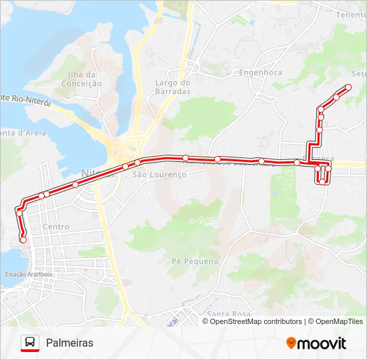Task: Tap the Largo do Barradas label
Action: (173, 87)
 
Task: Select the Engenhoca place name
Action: (260, 72)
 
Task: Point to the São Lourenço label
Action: (159, 174)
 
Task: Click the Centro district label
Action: (55, 227)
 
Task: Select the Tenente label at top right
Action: (351, 15)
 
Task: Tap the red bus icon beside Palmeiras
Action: (29, 343)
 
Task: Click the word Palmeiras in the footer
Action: (69, 343)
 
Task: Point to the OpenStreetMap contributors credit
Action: (256, 321)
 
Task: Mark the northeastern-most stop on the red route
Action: (348, 87)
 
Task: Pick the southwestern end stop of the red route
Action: (23, 239)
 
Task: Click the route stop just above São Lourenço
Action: (137, 163)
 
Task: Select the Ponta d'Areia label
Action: (23, 133)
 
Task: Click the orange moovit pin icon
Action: (292, 343)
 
